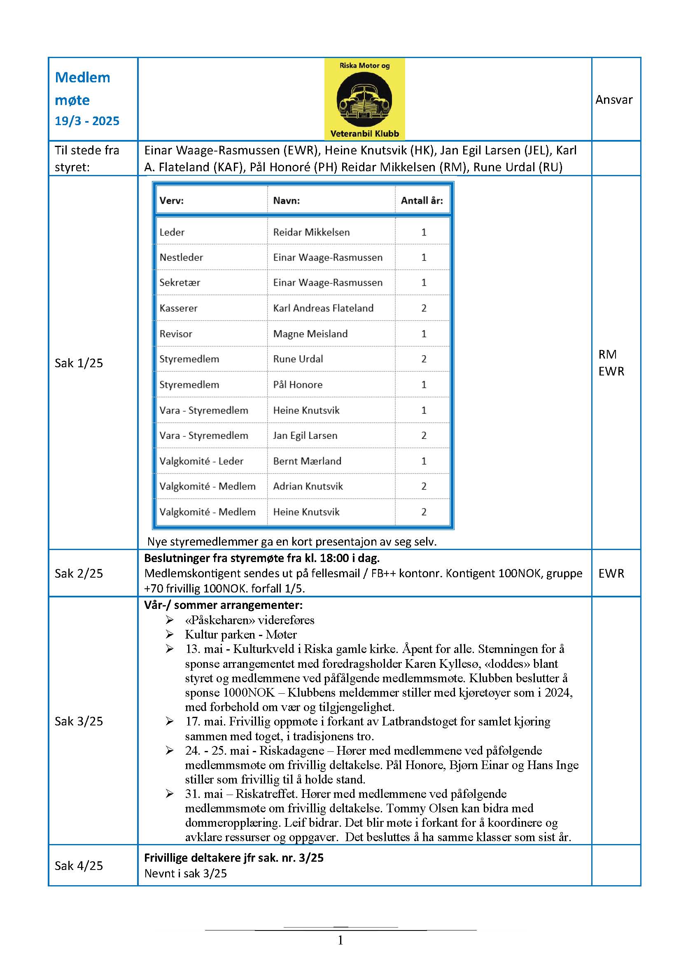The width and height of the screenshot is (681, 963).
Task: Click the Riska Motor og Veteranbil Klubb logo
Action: [364, 99]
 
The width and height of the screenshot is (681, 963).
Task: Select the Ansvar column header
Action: [613, 100]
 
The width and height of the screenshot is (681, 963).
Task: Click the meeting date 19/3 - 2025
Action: [87, 121]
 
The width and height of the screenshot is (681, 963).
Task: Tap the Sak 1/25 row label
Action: [79, 363]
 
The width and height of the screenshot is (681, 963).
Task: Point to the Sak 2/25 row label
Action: [79, 574]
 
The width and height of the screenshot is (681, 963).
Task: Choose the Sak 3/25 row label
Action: [79, 721]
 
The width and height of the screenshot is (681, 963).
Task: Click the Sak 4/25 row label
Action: [79, 866]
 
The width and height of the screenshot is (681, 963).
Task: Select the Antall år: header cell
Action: [422, 201]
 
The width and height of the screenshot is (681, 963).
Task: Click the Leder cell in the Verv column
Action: [172, 232]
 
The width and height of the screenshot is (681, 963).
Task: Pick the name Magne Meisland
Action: [310, 334]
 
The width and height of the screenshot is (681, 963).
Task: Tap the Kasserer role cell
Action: [178, 308]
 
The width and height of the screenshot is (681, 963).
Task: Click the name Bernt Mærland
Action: [307, 462]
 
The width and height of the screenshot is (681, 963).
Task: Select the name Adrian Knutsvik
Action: [308, 487]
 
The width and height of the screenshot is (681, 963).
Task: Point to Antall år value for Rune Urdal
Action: [424, 359]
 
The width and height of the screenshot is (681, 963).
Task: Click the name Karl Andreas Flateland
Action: [323, 308]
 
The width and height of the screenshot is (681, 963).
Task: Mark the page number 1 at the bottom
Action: [340, 940]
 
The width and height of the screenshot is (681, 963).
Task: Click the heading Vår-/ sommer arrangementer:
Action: [223, 605]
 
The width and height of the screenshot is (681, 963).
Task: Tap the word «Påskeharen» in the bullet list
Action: [220, 620]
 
